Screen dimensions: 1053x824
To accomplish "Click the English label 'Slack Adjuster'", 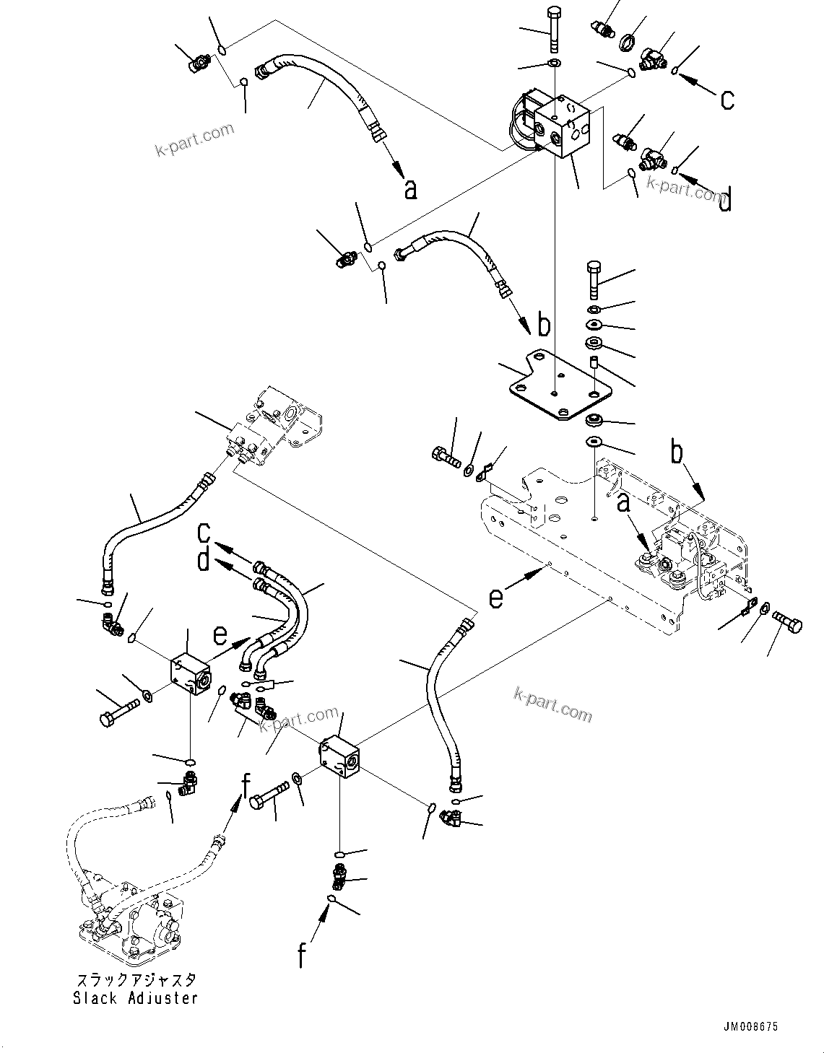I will tap(135, 998).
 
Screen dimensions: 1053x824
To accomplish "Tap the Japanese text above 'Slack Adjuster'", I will tap(135, 980).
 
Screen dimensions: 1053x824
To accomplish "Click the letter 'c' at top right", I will tap(727, 99).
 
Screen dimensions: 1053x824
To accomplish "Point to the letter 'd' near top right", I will tap(725, 199).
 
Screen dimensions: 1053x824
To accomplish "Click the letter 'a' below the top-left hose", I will tap(410, 189).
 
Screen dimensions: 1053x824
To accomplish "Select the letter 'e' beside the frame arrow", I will tap(495, 598).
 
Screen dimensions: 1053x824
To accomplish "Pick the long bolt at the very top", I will tap(554, 29).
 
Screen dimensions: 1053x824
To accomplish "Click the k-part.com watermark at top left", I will tap(195, 139).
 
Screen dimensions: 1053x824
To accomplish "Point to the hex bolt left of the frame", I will tap(445, 456).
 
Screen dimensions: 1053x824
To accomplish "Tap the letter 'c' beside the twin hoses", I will tap(204, 534).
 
